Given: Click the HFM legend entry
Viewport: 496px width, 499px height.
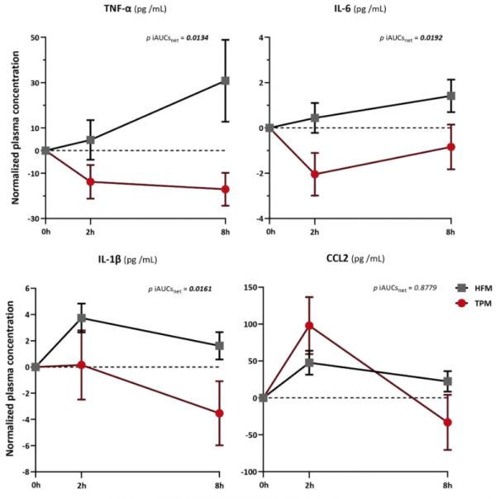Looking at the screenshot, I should pos(473,287).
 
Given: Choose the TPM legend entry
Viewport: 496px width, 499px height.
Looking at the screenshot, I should pos(473,304).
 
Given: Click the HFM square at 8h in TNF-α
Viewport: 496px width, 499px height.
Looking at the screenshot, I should pos(225,81).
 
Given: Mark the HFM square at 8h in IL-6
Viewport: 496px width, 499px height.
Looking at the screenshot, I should pos(451,96).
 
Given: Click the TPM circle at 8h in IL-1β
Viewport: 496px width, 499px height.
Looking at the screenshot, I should pos(219,413).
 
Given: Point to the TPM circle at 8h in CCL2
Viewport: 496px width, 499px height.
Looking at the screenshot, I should pos(447,422).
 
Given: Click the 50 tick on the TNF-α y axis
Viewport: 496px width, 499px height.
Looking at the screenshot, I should pos(34,37).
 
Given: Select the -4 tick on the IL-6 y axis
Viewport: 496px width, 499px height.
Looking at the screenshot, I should pos(260,218).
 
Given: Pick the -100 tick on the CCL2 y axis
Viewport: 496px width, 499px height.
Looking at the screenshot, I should pos(246,472).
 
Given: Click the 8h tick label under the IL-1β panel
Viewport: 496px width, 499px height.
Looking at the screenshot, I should pos(219,482).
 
